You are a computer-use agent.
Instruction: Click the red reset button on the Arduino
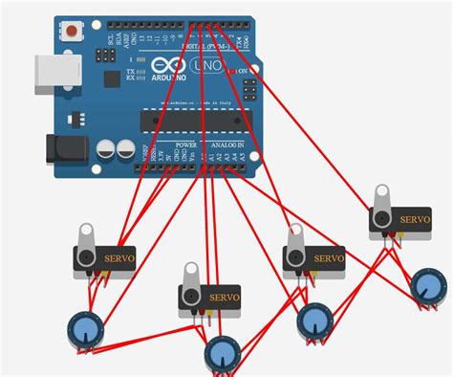click(x=72, y=33)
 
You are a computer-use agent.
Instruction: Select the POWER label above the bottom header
click(x=185, y=144)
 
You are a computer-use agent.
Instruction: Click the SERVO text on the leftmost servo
click(x=119, y=255)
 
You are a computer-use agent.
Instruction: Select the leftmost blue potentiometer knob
click(x=84, y=330)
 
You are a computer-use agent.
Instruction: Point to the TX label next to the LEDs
click(x=131, y=71)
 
